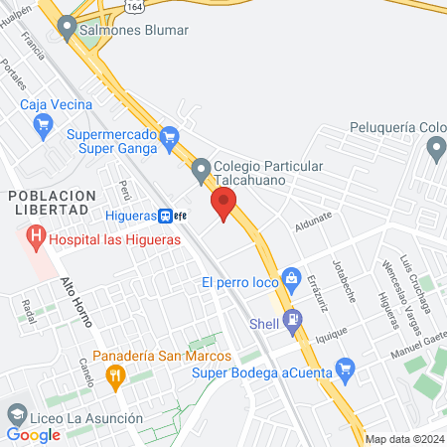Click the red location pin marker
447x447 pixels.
tap(223, 206)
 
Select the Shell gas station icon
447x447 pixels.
tap(292, 322)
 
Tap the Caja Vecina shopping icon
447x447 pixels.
tap(42, 124)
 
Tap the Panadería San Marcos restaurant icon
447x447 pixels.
tap(116, 374)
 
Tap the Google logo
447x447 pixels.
tap(33, 434)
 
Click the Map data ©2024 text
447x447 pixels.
tap(404, 439)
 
